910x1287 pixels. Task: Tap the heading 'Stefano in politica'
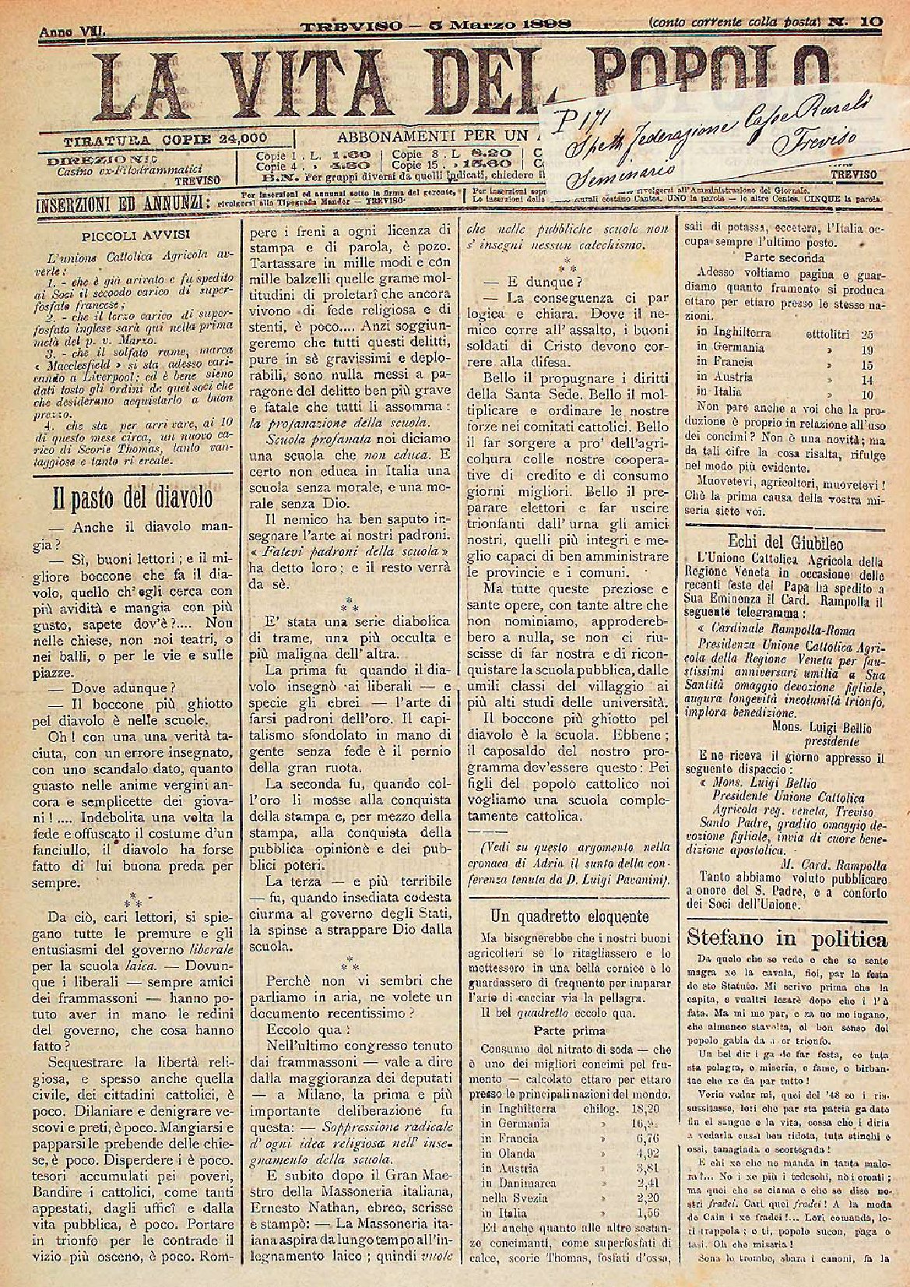click(x=787, y=937)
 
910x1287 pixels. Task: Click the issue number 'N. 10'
click(x=861, y=23)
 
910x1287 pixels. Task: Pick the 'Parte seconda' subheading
click(x=784, y=256)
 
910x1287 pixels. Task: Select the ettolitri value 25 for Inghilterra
click(x=866, y=332)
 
